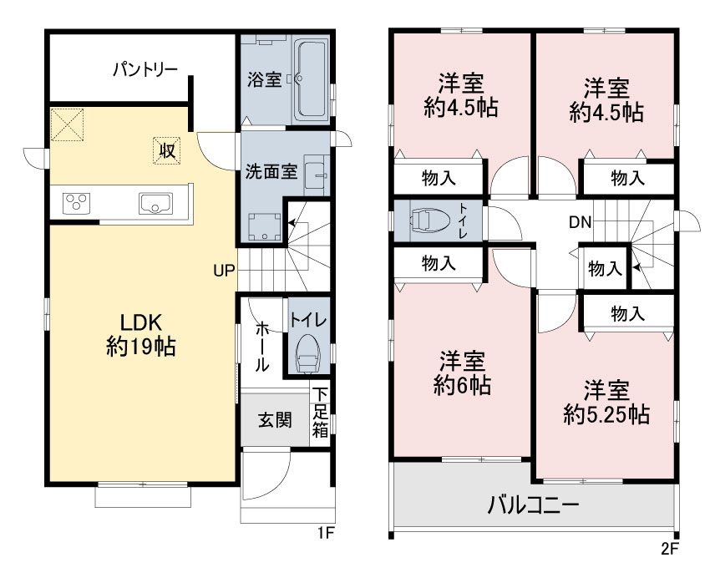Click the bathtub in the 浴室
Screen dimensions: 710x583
point(311,79)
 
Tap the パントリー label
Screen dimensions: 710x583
point(145,69)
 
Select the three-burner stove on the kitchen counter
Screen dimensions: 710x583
point(77,203)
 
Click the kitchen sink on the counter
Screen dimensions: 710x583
point(155,203)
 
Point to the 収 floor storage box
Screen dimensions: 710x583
point(167,150)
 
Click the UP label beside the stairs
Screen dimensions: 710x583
point(224,271)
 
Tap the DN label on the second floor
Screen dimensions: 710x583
point(580,222)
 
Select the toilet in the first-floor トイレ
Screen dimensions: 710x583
point(307,354)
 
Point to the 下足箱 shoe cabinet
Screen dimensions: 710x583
point(321,412)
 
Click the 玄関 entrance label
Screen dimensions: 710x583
point(275,420)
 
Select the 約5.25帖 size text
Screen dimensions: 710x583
point(606,414)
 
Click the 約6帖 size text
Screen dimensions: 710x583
point(462,386)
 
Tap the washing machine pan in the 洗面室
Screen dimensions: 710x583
point(265,227)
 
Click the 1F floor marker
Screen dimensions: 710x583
point(326,533)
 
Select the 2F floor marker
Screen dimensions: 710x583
point(670,549)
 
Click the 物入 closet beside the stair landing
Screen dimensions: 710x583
point(605,268)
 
